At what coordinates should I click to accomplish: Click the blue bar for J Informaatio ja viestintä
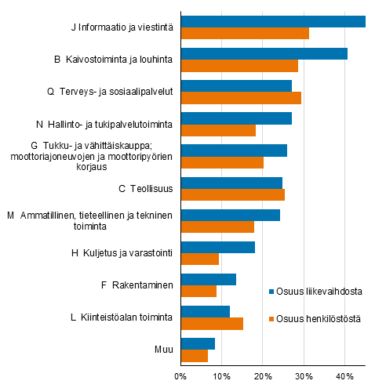click(x=273, y=21)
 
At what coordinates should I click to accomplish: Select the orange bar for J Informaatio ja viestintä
click(x=245, y=33)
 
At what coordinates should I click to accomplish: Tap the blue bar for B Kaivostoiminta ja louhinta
click(x=264, y=53)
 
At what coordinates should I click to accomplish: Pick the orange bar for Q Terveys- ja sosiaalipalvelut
click(x=241, y=98)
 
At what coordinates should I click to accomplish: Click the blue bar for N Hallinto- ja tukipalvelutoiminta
click(x=236, y=118)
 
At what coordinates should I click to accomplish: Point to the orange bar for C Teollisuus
click(x=233, y=194)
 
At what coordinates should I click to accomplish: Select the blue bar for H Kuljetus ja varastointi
click(x=218, y=247)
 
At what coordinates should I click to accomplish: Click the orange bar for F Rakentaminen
click(x=198, y=292)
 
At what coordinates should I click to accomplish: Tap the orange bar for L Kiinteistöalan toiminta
click(x=212, y=324)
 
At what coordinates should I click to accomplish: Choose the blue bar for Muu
click(x=198, y=343)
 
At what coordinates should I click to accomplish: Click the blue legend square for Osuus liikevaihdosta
click(x=272, y=292)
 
